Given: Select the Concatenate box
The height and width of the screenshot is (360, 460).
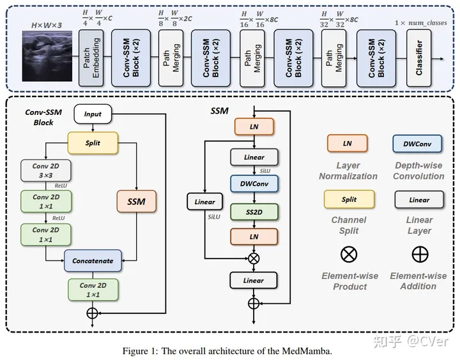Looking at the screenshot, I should coord(93,260).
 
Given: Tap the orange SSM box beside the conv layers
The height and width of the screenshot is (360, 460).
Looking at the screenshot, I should coord(136,202).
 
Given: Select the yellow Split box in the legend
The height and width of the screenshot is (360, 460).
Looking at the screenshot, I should coord(349,200).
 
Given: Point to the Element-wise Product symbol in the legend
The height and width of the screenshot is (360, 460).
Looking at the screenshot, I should coord(349,254).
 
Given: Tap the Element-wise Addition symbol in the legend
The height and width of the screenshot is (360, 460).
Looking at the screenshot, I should coord(419,254).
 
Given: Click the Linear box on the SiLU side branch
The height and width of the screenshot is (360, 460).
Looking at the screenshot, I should coord(205,202).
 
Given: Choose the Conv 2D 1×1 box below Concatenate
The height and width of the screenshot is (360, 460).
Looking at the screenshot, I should coord(93,289).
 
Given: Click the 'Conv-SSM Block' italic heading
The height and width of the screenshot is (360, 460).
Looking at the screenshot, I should coord(39,117).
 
